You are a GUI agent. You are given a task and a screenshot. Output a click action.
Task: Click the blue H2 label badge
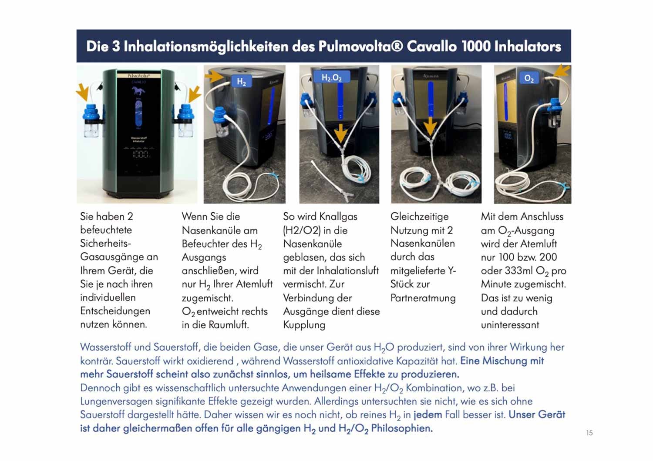pos(241,81)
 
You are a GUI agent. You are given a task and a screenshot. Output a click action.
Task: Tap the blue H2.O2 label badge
pos(331,77)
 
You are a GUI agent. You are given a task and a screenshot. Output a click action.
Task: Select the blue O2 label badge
pos(529,78)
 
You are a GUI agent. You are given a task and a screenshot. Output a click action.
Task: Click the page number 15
pos(589,433)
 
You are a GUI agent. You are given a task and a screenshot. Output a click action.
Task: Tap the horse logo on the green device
pos(138,91)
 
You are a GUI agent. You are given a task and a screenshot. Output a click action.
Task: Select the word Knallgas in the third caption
pos(338,217)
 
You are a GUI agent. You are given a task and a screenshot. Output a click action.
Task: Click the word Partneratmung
pos(423,298)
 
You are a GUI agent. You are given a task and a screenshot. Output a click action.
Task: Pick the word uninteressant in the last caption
pos(510,324)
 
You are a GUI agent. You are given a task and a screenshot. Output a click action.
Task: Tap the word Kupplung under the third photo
pos(304,325)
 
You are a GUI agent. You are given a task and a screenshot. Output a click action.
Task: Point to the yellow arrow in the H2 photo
pos(214,77)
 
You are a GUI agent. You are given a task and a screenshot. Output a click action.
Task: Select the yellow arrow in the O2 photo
pos(561,71)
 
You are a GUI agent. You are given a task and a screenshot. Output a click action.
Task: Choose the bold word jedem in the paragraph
pos(427,415)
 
